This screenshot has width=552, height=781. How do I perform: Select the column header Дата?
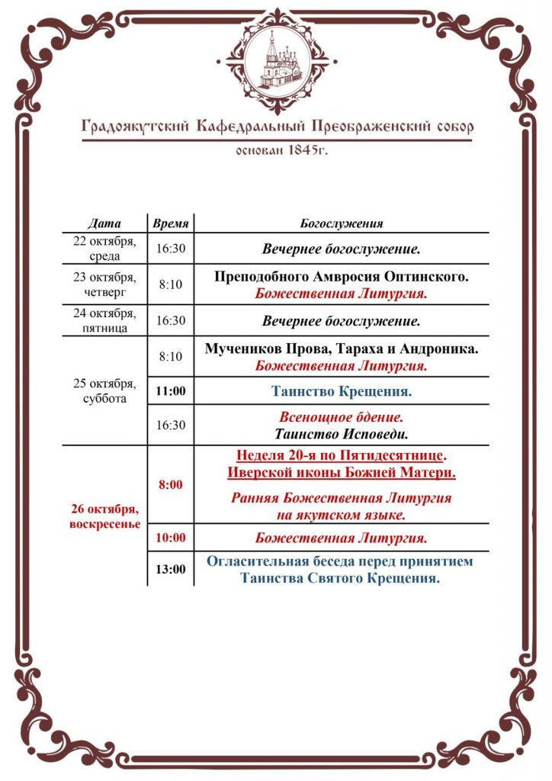(104, 223)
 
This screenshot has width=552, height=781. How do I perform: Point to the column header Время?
(171, 223)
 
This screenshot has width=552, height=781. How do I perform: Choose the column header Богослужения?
(342, 223)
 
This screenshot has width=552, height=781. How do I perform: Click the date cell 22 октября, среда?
(104, 249)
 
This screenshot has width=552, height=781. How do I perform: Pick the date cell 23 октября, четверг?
(104, 284)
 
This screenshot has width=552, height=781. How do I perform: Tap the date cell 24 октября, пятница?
(104, 320)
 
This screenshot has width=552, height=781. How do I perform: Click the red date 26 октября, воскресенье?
(104, 516)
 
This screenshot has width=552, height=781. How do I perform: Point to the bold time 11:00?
(171, 393)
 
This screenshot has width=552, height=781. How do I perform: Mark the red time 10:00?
(171, 538)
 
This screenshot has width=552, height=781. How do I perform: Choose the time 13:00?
(171, 569)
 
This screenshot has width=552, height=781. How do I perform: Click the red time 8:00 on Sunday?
(171, 485)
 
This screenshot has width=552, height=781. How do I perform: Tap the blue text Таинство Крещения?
(342, 393)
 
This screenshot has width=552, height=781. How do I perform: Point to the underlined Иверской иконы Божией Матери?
(342, 473)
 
